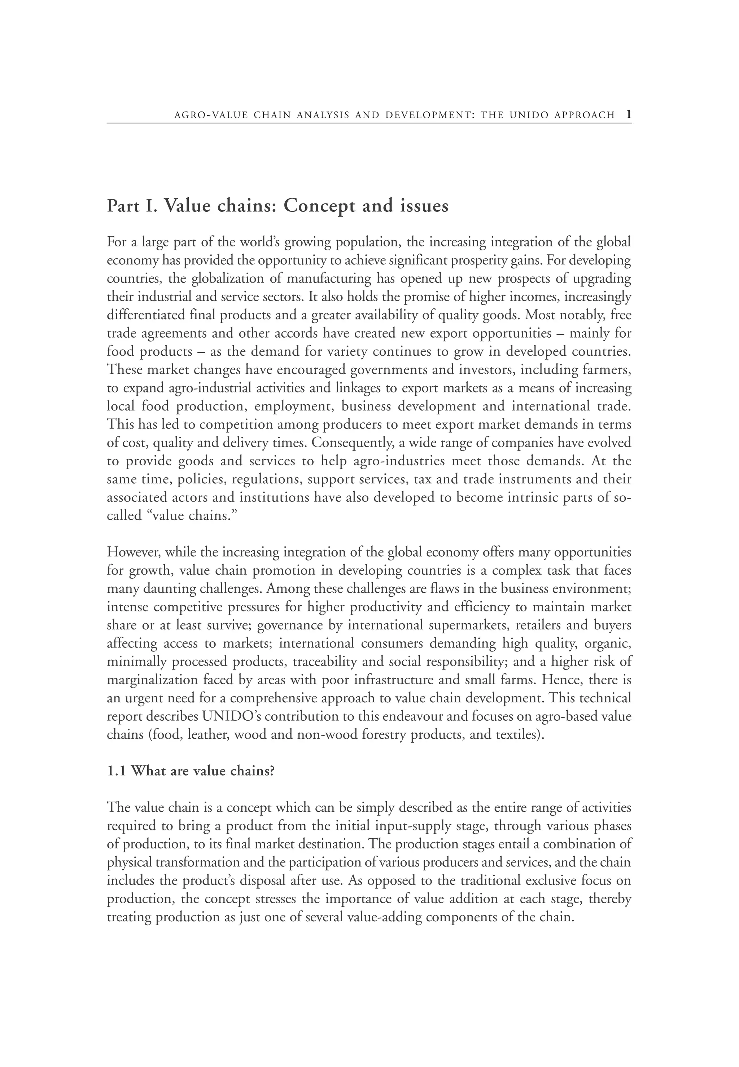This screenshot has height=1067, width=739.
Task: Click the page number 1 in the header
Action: pos(628,114)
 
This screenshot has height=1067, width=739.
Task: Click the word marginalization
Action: pos(152,680)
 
